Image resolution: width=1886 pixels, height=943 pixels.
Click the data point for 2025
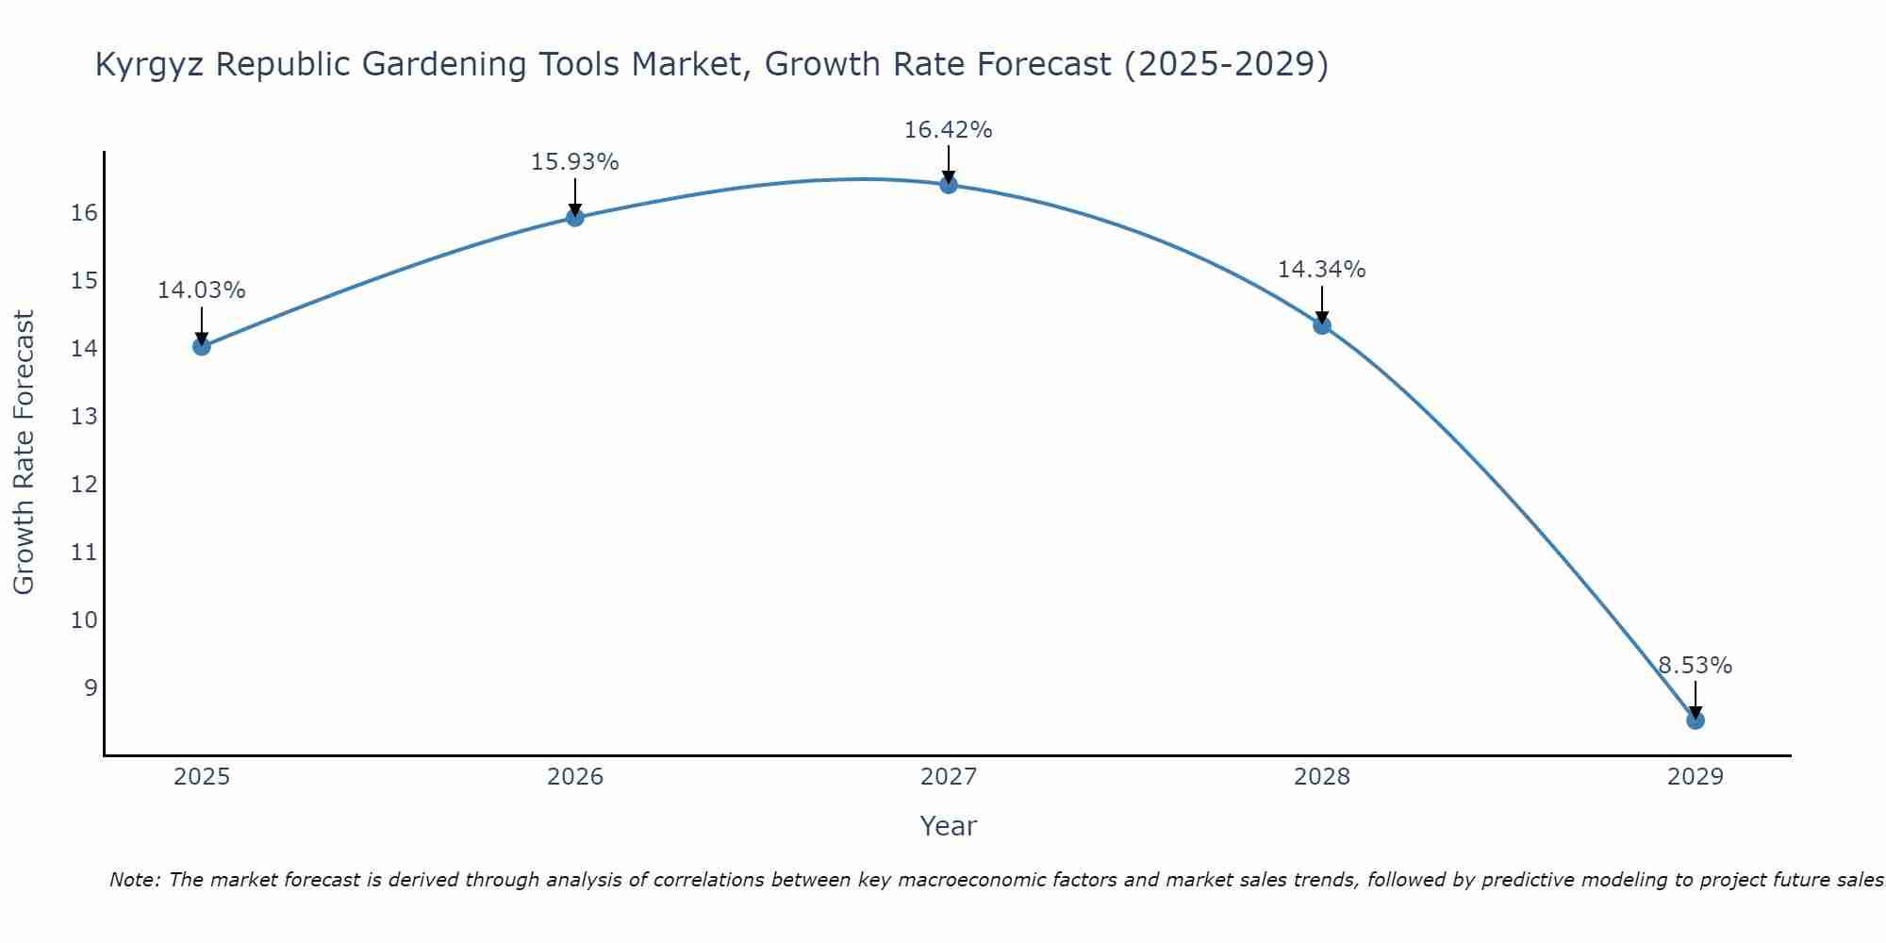click(201, 346)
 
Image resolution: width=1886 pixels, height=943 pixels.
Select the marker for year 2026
click(574, 218)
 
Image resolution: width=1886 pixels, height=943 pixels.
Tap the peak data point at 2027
click(948, 185)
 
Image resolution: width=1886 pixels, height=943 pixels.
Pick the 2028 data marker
click(1321, 325)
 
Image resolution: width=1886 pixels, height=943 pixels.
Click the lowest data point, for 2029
click(1695, 720)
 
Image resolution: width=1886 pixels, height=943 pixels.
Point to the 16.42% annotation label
click(948, 130)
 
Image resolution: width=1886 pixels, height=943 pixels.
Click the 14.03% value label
click(201, 290)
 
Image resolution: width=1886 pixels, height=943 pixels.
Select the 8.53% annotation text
click(1695, 666)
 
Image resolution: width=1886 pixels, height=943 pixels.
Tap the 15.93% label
click(574, 162)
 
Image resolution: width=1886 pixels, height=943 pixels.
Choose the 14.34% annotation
click(1321, 270)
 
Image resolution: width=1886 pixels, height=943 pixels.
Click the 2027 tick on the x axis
click(948, 777)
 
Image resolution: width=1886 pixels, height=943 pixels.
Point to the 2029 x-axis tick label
click(1695, 777)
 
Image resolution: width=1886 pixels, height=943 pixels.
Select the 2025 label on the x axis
click(202, 777)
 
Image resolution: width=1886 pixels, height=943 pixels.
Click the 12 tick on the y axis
click(84, 485)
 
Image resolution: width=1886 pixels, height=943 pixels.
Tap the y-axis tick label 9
click(91, 687)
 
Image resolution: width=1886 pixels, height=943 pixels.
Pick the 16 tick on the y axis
click(84, 213)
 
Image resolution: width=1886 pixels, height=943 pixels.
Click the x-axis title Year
click(948, 826)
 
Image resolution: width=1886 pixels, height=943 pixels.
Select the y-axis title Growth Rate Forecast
click(25, 453)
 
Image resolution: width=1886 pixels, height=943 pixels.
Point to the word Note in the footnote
click(135, 880)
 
